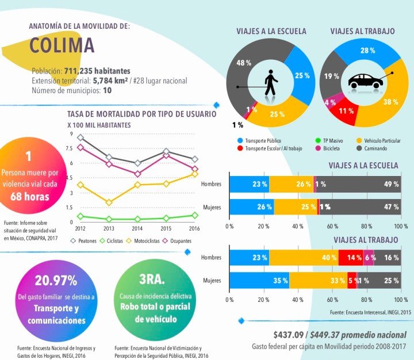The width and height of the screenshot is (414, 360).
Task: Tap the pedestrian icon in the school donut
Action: [270, 84]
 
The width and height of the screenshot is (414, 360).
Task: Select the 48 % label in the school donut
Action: [244, 63]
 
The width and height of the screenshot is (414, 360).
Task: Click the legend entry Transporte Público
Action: [262, 140]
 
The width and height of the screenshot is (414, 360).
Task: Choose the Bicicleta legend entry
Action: [342, 148]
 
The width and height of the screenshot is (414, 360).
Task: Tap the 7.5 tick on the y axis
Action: [70, 148]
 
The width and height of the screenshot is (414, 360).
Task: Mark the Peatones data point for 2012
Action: [80, 137]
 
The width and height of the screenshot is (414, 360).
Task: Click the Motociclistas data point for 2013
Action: [109, 202]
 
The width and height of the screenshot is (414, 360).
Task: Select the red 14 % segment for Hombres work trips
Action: [350, 258]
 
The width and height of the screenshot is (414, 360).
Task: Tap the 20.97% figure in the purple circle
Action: [56, 281]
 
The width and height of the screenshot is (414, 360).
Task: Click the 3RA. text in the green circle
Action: [152, 280]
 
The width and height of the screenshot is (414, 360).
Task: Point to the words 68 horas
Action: [29, 195]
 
